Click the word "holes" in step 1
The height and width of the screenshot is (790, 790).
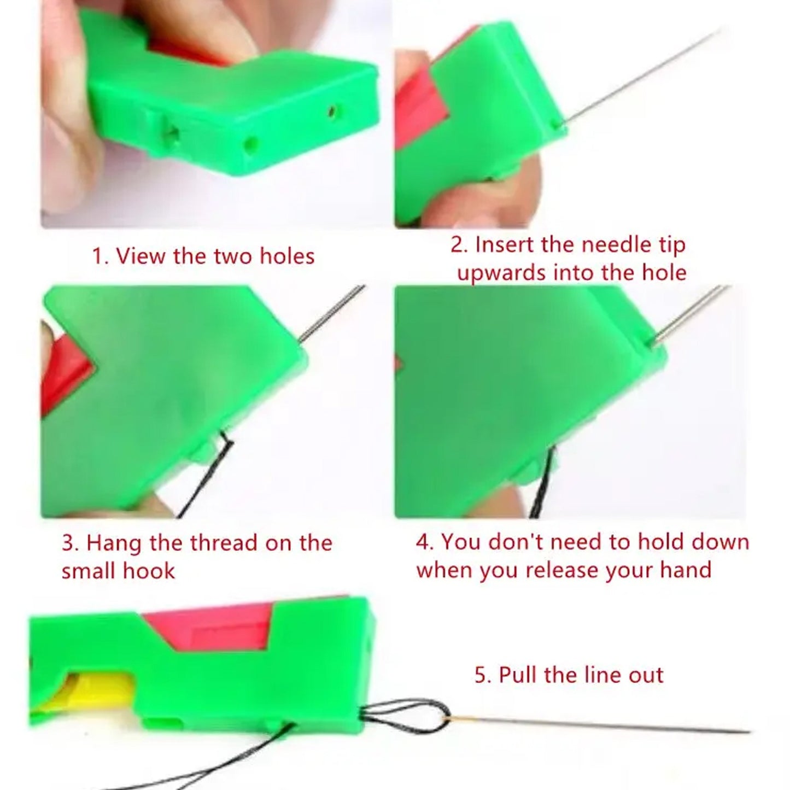point(287,256)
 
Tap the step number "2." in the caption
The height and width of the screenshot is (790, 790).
point(460,244)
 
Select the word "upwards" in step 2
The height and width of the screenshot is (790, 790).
point(501,272)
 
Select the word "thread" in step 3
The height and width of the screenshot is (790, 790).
point(224,543)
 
